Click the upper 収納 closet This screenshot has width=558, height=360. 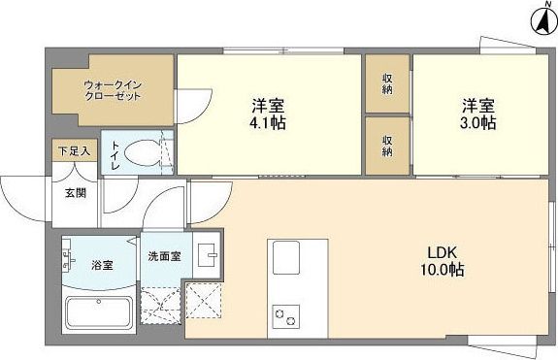tap(386, 83)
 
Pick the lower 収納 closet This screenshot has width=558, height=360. tap(386, 144)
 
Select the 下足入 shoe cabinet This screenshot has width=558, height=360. tap(74, 151)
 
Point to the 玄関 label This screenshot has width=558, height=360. tap(75, 192)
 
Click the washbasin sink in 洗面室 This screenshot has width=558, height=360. tap(208, 254)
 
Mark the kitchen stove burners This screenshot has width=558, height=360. tap(286, 316)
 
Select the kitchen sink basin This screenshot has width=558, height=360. tap(286, 259)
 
